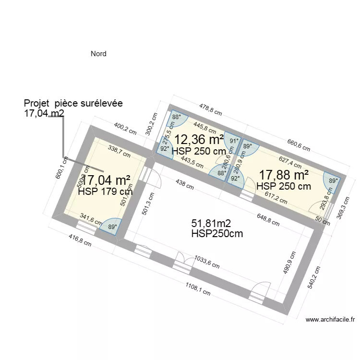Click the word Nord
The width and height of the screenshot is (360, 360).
[x=98, y=54]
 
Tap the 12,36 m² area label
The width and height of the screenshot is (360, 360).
[x=199, y=140]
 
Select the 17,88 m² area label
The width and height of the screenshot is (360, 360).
[x=284, y=175]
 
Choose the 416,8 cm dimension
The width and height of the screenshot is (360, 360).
[x=79, y=240]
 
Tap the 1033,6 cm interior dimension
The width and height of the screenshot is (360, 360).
[x=207, y=262]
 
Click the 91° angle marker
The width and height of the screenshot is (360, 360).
[x=234, y=141]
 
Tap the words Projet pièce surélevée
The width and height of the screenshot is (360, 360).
[x=73, y=103]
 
